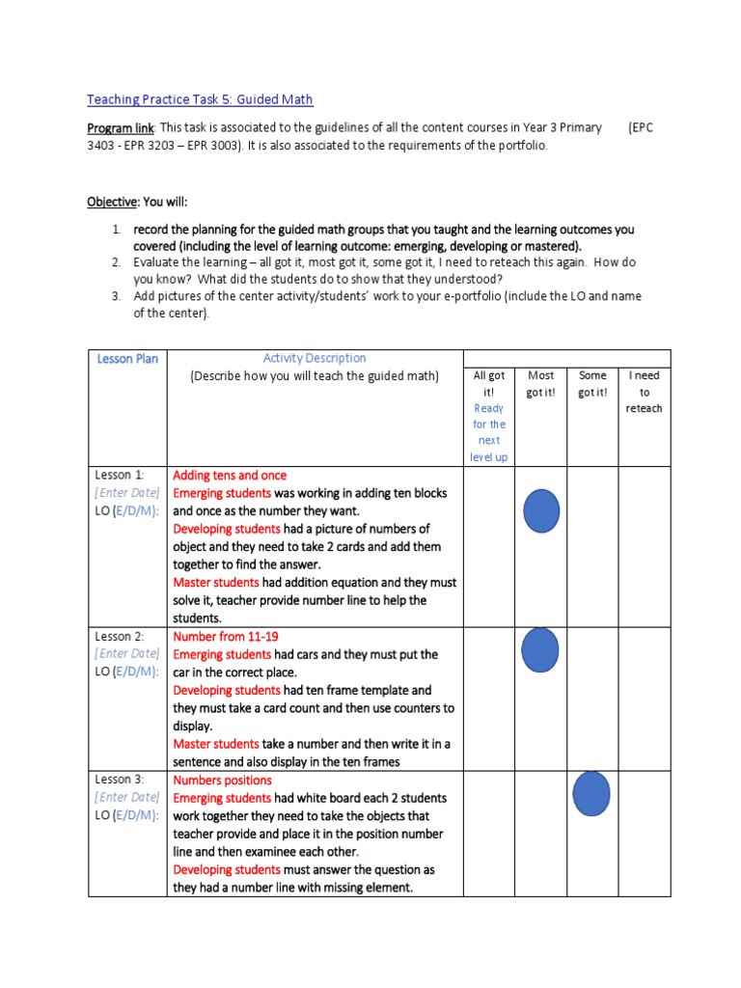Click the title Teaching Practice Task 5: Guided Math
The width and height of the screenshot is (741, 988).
click(x=200, y=99)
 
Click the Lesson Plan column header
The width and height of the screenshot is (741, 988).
click(x=126, y=359)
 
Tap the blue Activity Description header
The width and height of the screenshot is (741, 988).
click(x=315, y=358)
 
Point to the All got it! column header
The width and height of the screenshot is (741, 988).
click(x=488, y=384)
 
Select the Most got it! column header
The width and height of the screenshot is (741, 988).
click(x=540, y=384)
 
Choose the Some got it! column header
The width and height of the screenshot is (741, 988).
click(x=591, y=384)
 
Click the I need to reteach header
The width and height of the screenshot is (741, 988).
click(x=644, y=392)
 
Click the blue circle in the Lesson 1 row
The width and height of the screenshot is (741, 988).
click(x=541, y=511)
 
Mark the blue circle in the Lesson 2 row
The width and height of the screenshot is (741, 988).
click(x=540, y=649)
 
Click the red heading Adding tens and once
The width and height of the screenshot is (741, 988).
click(x=230, y=476)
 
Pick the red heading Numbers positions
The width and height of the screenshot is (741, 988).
click(x=222, y=780)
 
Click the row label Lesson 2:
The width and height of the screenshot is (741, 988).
click(x=119, y=637)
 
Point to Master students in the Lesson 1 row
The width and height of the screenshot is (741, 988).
click(x=216, y=583)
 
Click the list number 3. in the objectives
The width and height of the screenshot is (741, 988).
click(x=116, y=295)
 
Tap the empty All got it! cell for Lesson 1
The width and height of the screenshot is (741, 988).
click(x=488, y=546)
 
